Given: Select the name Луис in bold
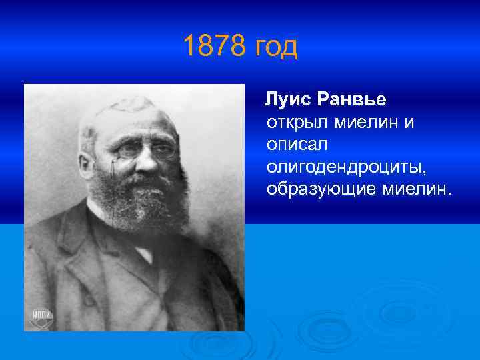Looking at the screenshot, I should pyautogui.click(x=287, y=100).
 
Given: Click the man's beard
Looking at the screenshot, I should pyautogui.click(x=137, y=200).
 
